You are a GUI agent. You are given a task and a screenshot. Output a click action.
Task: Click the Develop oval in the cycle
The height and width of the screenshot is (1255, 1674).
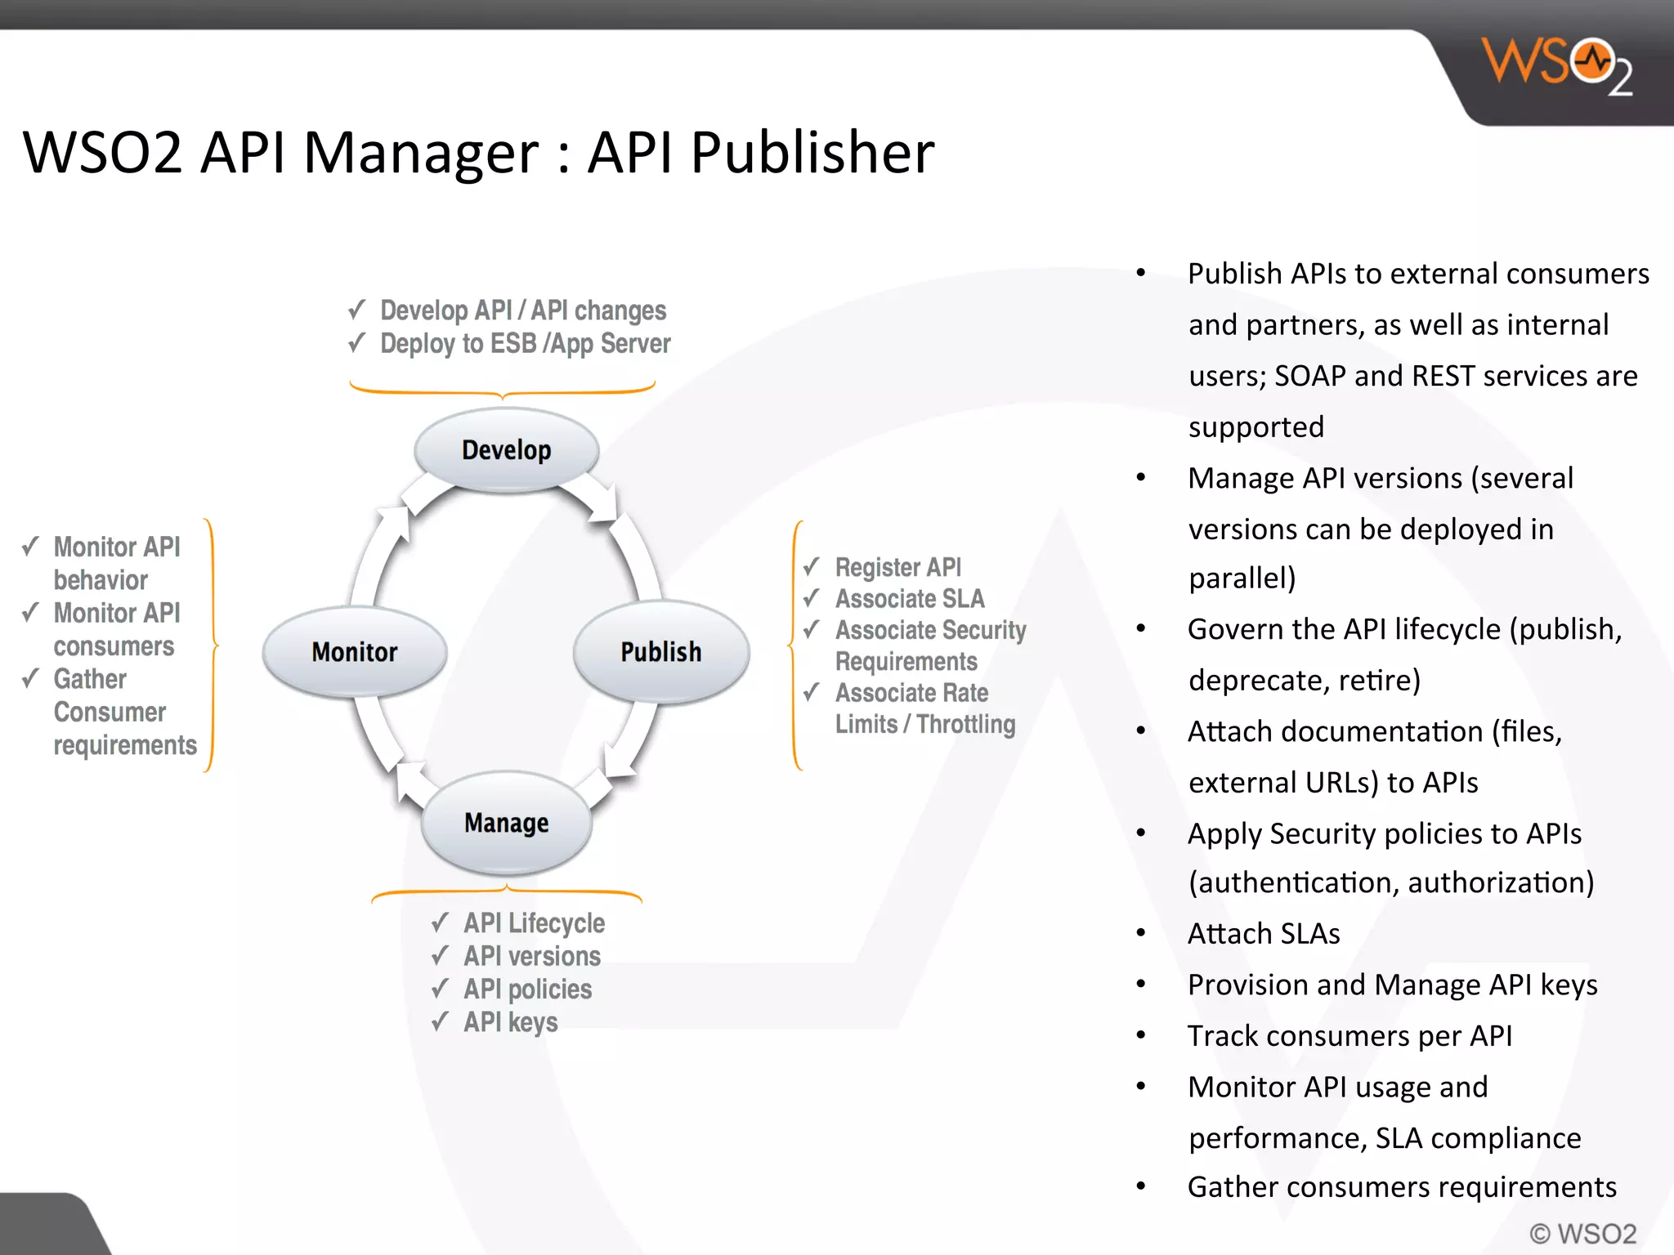506,450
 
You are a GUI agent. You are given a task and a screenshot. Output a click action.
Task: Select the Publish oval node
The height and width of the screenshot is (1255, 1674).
660,652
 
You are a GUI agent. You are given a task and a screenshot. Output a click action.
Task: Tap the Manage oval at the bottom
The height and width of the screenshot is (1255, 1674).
506,823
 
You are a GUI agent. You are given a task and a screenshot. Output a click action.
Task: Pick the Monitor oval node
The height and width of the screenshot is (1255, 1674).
355,652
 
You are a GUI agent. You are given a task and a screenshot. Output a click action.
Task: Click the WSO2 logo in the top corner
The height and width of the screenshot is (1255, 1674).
1557,65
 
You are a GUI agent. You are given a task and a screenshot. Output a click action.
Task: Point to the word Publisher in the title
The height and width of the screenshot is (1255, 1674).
812,153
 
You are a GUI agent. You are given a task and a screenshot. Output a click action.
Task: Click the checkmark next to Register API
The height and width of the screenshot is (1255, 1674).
811,566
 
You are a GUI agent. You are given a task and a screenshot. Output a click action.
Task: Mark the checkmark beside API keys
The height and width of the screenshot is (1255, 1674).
441,1021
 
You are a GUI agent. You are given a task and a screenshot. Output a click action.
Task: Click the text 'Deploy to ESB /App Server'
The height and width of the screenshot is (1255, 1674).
525,344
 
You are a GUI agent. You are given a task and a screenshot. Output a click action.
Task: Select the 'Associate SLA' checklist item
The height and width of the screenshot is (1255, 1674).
910,599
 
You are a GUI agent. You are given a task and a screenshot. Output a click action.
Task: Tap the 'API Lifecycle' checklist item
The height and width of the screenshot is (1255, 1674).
535,923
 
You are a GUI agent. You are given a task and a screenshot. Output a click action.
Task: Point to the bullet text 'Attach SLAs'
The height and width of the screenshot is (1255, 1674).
1264,934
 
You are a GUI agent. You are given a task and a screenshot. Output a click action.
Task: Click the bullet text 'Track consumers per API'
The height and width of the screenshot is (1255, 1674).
1349,1036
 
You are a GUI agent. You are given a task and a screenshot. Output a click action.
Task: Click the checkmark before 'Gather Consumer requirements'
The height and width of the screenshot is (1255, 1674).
31,678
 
